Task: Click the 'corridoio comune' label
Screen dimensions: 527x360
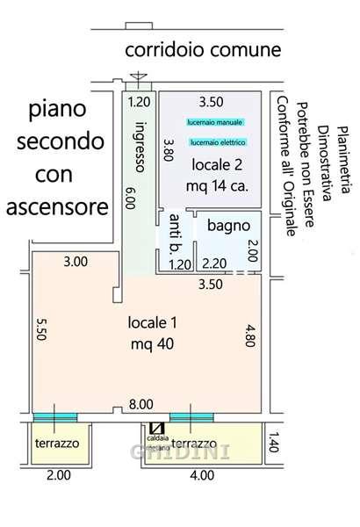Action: (x=203, y=50)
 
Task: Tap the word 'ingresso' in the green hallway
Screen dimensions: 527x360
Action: (x=139, y=151)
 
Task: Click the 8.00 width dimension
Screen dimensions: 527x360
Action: (x=140, y=405)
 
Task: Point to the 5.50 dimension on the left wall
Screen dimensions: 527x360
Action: (x=40, y=328)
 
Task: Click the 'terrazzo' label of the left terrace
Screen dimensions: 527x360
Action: (x=56, y=444)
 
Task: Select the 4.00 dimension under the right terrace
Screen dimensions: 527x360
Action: (x=201, y=475)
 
